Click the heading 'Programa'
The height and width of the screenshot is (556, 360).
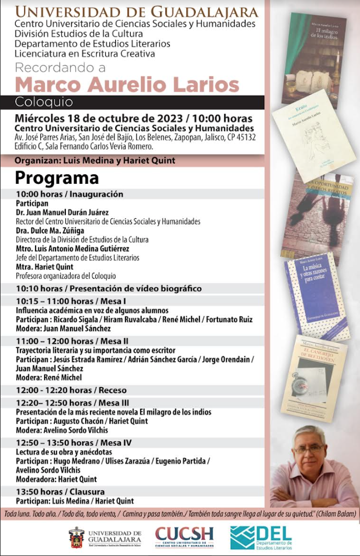click(57, 178)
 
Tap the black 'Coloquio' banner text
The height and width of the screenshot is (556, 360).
click(44, 102)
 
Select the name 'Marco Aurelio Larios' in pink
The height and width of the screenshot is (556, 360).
click(127, 84)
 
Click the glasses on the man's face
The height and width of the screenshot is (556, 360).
click(309, 449)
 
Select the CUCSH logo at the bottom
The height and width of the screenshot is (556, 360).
click(184, 537)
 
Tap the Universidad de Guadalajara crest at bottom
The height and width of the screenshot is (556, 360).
click(76, 537)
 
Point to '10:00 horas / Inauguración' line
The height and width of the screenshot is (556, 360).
click(70, 194)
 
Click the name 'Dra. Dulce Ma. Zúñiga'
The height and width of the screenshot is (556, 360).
click(50, 230)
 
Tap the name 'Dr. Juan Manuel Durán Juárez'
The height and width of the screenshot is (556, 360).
click(62, 213)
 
